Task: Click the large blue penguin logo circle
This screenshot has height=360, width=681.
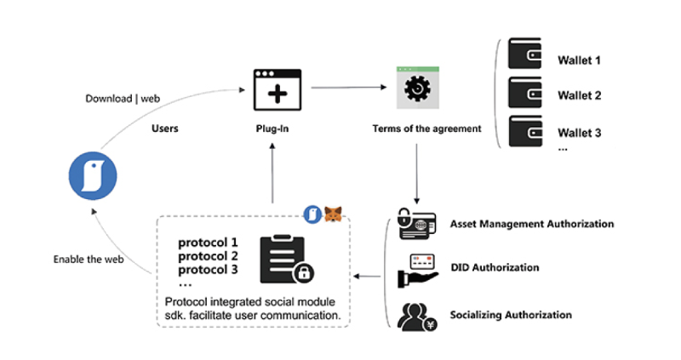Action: click(93, 176)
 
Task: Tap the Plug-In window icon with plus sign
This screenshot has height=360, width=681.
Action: click(278, 90)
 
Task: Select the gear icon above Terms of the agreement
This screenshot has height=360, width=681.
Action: click(418, 88)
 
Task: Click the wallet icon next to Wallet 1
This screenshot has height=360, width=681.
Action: click(524, 54)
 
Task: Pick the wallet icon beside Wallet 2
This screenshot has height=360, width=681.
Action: click(524, 92)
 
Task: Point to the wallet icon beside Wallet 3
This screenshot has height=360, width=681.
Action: click(525, 131)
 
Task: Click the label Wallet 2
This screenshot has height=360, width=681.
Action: click(580, 95)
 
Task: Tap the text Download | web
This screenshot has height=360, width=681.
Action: click(123, 99)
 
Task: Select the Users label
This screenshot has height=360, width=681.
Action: click(164, 129)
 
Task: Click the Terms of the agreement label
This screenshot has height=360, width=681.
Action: click(426, 129)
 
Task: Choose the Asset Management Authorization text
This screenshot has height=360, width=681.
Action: click(531, 224)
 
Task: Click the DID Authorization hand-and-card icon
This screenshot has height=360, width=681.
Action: click(418, 271)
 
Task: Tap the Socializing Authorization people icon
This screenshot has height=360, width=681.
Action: click(417, 317)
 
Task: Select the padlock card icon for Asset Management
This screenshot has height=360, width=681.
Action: click(417, 224)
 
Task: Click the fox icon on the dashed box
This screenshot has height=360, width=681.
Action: click(333, 214)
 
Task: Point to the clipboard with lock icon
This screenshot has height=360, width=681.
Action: click(286, 260)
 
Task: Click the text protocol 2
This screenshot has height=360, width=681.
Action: click(208, 256)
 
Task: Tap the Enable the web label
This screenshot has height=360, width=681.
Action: click(89, 260)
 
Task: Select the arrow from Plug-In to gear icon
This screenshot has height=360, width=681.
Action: click(349, 88)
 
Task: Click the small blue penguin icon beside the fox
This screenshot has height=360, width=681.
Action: click(312, 214)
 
